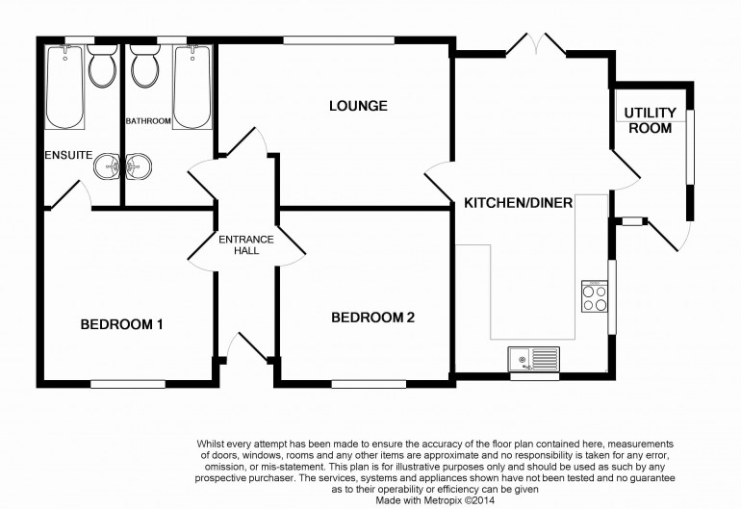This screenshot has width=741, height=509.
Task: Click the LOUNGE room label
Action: point(358,106)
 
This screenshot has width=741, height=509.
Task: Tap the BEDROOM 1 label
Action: point(122,324)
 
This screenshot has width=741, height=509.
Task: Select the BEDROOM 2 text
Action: point(372,318)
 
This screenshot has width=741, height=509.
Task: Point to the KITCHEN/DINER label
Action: point(519,203)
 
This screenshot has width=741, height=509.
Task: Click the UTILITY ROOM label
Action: point(651,120)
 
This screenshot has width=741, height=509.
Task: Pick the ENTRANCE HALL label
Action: point(246,244)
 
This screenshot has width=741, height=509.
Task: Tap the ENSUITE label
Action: point(68,155)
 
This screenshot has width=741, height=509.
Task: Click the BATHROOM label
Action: point(148,121)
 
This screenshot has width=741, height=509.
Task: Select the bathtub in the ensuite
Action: point(64,87)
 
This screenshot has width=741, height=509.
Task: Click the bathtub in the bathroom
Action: point(192,87)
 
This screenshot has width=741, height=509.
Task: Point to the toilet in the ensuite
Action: point(102,65)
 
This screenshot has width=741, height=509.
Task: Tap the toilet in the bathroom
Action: point(144,65)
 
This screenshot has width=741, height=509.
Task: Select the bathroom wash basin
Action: point(139,166)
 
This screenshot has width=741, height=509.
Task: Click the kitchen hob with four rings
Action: point(595,296)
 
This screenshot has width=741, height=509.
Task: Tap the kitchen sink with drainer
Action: point(533,359)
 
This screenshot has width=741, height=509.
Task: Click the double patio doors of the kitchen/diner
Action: point(536,44)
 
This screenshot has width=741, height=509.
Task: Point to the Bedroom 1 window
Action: point(128,384)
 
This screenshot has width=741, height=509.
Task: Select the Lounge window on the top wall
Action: point(339,40)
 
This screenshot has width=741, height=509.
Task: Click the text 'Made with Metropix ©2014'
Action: point(435,500)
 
